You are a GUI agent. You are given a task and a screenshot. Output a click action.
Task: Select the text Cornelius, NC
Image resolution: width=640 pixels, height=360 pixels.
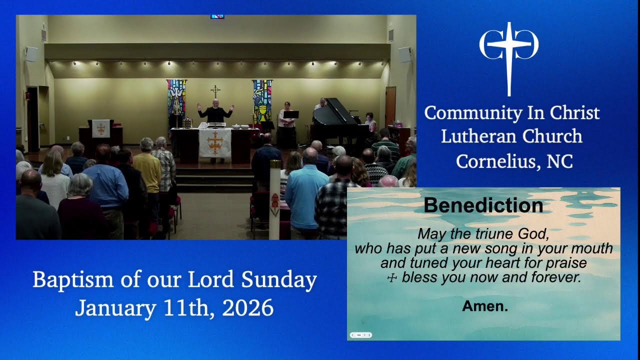click(514, 161)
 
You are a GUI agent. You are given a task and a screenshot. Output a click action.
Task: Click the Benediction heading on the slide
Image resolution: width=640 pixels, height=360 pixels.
click(483, 205)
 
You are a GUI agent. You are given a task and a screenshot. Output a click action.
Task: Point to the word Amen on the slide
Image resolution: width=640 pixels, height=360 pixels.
click(484, 306)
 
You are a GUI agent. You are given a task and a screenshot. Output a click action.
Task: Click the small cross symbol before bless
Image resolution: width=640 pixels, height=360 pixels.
click(392, 278)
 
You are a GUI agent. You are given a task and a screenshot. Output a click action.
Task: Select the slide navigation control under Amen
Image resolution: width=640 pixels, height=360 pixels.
click(360, 335)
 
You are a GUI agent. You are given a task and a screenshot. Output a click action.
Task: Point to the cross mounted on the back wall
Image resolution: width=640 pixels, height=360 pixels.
click(215, 91)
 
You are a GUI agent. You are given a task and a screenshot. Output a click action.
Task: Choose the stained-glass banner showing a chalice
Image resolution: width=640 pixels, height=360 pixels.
click(262, 100)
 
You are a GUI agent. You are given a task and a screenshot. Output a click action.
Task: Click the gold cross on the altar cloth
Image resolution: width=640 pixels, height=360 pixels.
click(215, 142)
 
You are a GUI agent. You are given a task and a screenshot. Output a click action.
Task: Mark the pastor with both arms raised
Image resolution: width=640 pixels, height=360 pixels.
click(215, 112)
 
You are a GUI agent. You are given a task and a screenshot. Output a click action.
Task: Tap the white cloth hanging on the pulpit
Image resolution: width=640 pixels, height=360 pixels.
click(101, 128)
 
